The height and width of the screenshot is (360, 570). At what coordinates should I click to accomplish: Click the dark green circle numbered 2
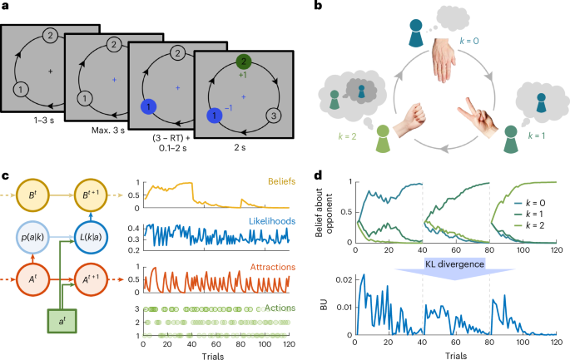click(x=243, y=61)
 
